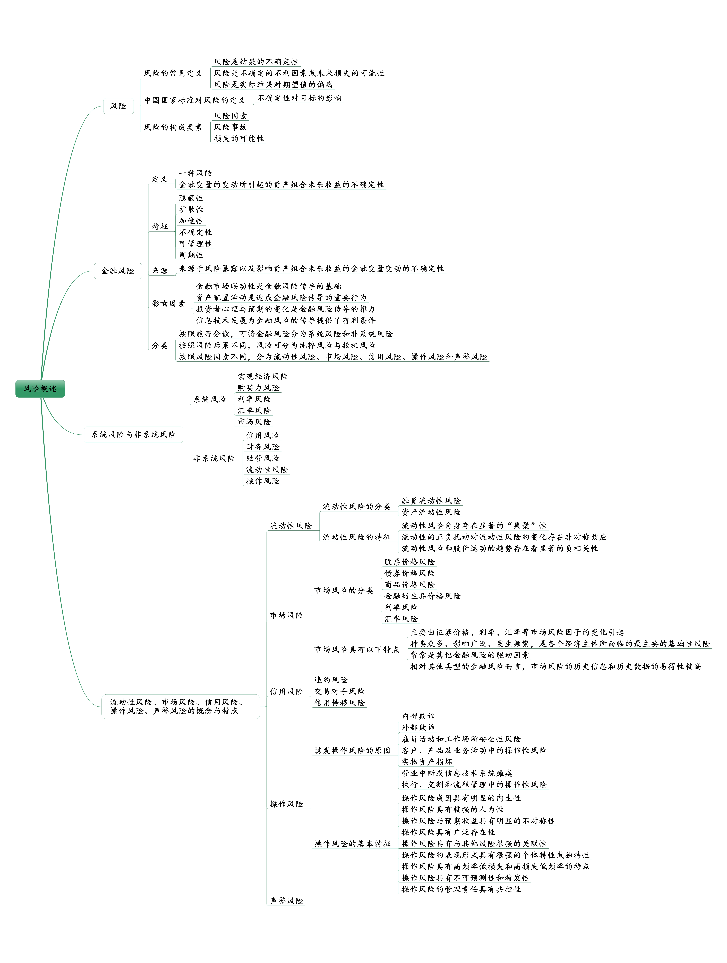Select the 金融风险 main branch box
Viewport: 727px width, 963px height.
pos(118,271)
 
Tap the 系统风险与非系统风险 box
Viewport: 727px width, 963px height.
pos(134,434)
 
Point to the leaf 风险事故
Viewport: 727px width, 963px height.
pos(230,127)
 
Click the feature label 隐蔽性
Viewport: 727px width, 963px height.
pos(191,198)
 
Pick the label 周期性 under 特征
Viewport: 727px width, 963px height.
pos(191,255)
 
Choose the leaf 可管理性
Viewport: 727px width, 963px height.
pos(195,244)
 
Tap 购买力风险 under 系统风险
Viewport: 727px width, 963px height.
pos(258,388)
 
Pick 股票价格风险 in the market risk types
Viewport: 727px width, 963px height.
pos(409,562)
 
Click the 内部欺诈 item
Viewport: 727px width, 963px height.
pos(418,716)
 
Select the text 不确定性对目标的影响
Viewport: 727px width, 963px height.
pos(299,98)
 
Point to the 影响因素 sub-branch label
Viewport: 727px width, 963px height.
pos(168,303)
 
